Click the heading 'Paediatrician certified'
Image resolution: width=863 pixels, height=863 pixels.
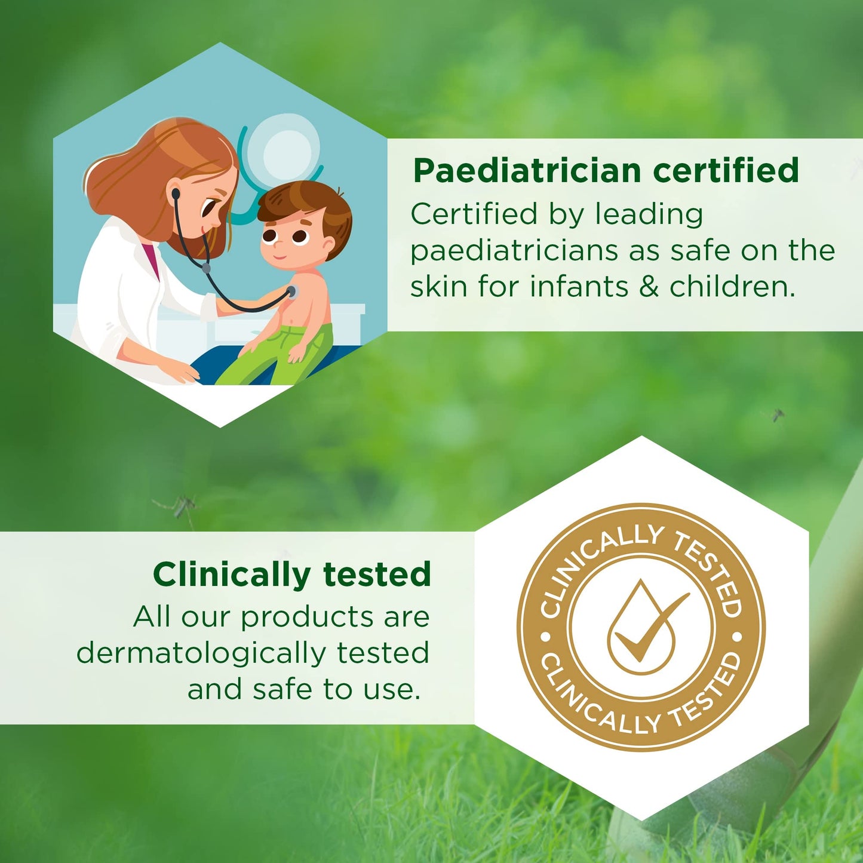(x=606, y=171)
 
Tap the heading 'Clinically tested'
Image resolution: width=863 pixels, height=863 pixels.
(x=291, y=575)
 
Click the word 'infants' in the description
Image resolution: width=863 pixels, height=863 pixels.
(x=579, y=287)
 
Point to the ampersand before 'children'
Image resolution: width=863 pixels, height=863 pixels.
(x=649, y=287)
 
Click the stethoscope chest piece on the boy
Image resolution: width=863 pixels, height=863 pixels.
(x=291, y=292)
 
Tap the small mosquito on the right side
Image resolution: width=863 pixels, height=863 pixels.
(x=776, y=414)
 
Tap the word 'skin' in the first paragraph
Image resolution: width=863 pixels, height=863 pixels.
(x=438, y=287)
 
